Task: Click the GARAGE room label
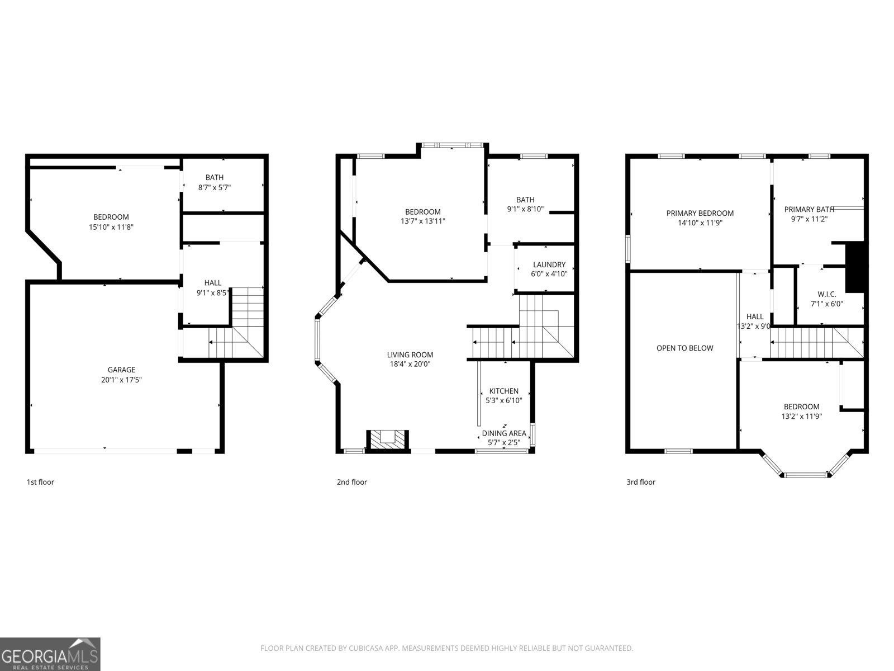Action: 121,370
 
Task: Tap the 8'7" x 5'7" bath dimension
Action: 215,188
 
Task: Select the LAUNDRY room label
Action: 549,264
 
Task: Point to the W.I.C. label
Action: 826,294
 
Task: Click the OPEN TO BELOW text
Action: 684,348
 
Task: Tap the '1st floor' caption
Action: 40,482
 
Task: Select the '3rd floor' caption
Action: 640,482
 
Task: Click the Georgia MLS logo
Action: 50,654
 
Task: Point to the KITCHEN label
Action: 503,391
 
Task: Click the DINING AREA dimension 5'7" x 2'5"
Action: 504,442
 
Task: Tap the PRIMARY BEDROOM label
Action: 700,213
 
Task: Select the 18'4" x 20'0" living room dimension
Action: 410,364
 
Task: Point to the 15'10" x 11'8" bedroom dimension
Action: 111,226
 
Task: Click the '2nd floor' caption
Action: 351,482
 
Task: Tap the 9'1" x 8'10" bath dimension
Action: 525,209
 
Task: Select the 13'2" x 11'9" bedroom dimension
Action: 801,416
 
